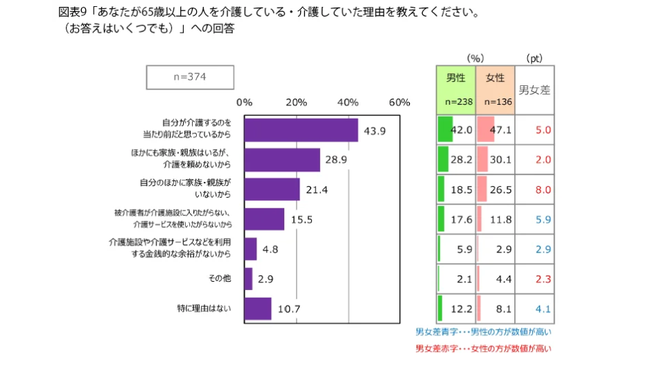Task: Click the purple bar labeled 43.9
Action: [x=301, y=130]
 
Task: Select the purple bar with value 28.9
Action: [x=282, y=160]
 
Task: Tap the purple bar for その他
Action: [x=248, y=278]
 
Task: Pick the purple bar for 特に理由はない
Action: [x=258, y=308]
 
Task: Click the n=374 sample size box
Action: [x=189, y=77]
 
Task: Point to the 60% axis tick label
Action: [x=399, y=102]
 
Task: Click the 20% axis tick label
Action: [x=296, y=102]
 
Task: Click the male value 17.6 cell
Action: [x=455, y=219]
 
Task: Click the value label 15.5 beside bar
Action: [x=302, y=219]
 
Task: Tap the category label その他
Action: [x=219, y=278]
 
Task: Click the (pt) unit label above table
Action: [x=534, y=58]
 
